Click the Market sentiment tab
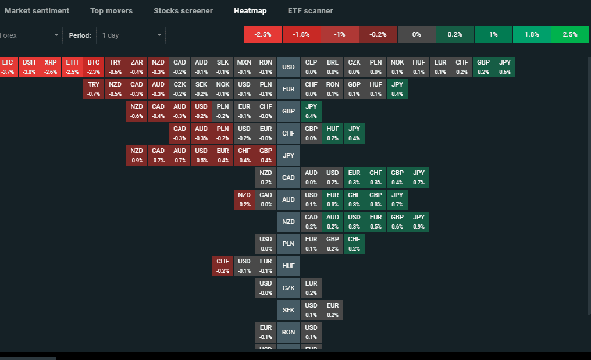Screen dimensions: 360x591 37,10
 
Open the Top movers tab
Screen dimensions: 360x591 111,10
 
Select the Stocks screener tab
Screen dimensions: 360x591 183,10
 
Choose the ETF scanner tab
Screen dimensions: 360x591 311,10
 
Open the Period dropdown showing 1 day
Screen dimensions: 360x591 131,35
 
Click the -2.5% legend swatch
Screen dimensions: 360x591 264,34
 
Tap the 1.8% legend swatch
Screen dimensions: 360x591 532,34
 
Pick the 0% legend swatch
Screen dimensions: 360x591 416,34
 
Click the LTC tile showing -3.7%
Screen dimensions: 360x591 8,67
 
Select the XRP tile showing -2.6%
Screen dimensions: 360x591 51,67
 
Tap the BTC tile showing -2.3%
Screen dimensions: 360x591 94,67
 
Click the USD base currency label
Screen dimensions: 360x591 289,67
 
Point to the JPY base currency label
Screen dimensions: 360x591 289,155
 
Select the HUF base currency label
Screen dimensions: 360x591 289,266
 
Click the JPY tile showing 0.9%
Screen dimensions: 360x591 419,222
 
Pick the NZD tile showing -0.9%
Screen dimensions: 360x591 137,155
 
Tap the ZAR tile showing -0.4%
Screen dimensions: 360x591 137,67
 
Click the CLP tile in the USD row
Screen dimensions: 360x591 311,67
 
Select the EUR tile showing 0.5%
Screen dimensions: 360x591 376,222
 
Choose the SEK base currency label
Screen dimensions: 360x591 289,310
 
